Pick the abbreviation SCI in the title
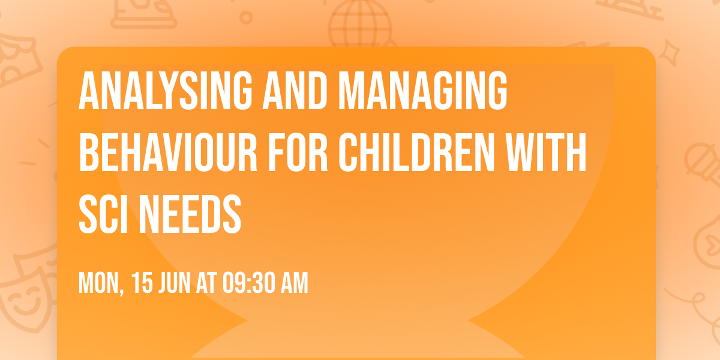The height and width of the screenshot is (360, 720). click(x=101, y=214)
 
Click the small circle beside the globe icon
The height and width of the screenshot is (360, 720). click(x=246, y=17)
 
